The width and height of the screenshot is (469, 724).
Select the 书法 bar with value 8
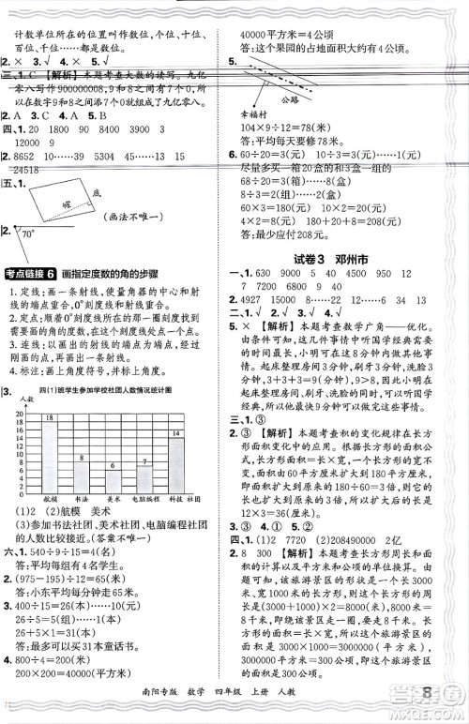point(82,470)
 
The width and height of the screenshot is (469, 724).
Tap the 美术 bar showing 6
point(113,475)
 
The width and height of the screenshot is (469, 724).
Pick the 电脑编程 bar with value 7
point(144,473)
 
